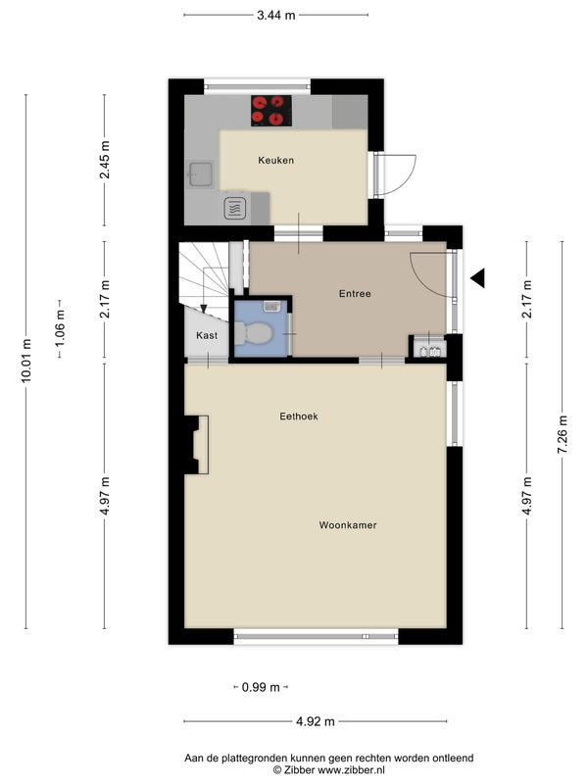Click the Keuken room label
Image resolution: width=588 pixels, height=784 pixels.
276,161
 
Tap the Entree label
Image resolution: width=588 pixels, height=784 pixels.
355,294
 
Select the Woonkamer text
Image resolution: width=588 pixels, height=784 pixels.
348,525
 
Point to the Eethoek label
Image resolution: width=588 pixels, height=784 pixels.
299,416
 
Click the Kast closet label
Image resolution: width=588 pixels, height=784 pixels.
207,335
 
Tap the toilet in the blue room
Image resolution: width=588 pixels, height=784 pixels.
254,333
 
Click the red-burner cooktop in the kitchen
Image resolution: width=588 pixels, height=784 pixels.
271,111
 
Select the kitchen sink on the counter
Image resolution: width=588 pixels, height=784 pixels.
201,174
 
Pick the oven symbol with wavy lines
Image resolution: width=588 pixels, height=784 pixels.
235,208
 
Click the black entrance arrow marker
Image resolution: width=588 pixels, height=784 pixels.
478,278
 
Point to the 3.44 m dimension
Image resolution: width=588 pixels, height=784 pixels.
276,15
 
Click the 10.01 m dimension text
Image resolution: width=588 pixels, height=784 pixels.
26,361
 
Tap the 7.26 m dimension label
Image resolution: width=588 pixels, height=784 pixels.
562,434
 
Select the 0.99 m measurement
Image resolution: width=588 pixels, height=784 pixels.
261,688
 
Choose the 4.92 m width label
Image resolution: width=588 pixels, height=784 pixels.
316,721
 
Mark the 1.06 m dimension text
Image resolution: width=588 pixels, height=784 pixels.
60,328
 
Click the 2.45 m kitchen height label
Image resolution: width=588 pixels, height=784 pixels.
105,160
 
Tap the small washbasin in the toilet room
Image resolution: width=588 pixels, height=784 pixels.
272,306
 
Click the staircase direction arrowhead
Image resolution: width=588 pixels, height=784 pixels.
204,308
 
